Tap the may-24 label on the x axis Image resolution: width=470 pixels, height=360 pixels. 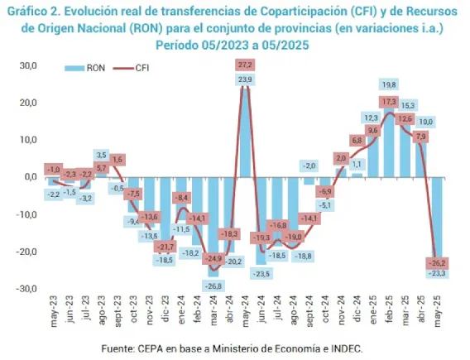tap(245, 309)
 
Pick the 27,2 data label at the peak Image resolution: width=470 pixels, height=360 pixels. tap(245, 65)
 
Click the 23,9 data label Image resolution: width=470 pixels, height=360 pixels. tap(245, 79)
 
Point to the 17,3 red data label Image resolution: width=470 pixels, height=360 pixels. tap(389, 101)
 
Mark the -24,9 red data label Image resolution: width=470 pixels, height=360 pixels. tap(213, 259)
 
